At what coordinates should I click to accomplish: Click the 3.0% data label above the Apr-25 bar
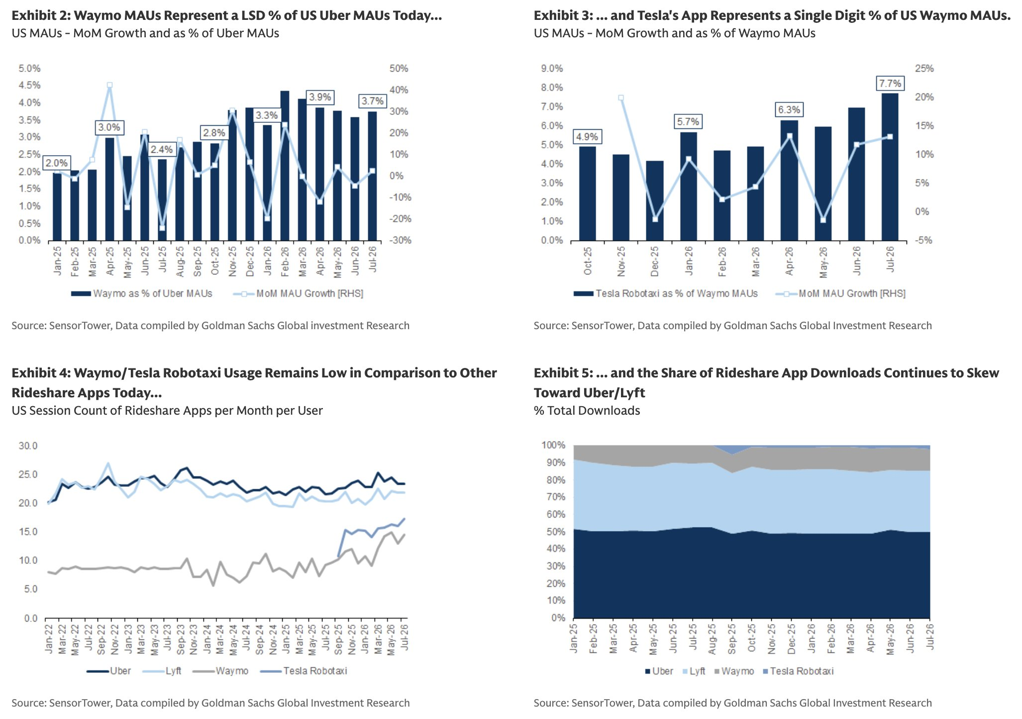click(x=109, y=127)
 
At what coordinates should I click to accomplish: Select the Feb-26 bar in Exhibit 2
click(x=285, y=166)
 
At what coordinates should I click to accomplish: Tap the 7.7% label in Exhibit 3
click(x=890, y=84)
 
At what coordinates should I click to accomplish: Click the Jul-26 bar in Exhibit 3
click(x=890, y=167)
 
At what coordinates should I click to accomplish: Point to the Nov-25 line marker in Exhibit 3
click(x=621, y=98)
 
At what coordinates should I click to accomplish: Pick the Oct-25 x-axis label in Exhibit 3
click(x=588, y=261)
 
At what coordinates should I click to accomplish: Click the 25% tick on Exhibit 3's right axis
click(x=924, y=69)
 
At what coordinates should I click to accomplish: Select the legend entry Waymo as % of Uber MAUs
click(x=142, y=293)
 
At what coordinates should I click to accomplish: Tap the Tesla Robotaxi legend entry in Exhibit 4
click(x=304, y=671)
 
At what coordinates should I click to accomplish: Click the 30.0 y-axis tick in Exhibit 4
click(x=28, y=446)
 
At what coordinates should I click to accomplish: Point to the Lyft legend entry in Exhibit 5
click(x=694, y=671)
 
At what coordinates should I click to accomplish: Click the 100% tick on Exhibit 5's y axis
click(x=553, y=445)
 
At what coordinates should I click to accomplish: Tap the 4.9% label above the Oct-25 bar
click(x=587, y=137)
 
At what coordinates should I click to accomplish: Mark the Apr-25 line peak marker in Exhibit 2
click(x=109, y=85)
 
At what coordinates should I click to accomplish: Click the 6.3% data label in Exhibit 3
click(x=789, y=109)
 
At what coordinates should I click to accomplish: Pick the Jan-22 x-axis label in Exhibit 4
click(x=49, y=638)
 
